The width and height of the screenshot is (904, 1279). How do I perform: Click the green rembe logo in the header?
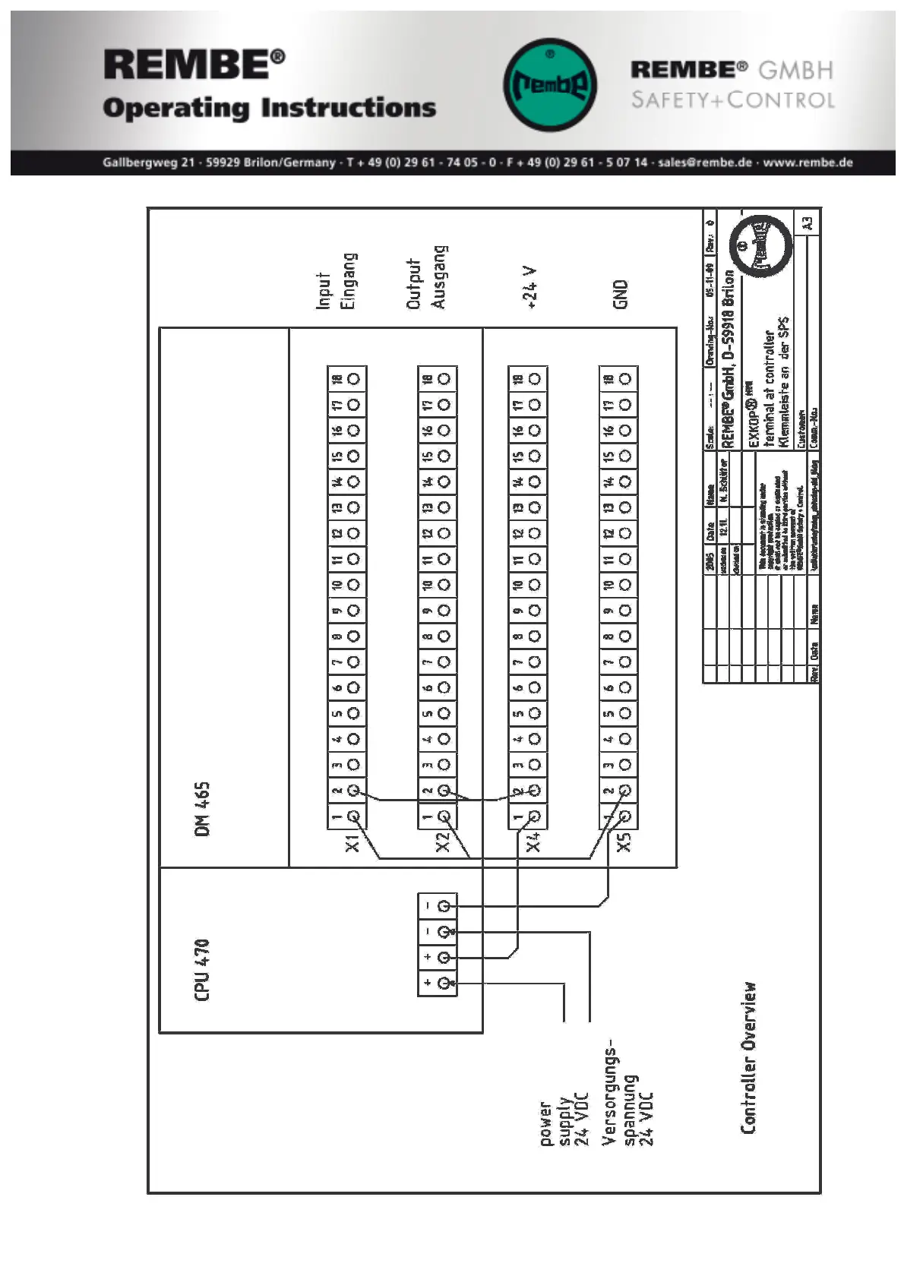(550, 84)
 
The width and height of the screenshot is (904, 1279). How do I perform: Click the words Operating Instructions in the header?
(270, 108)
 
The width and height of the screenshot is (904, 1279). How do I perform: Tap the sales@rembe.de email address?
(705, 163)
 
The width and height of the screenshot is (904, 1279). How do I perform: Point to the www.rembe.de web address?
(808, 163)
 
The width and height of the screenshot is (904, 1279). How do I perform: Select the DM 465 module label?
(202, 809)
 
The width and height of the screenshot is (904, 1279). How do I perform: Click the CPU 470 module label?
(202, 970)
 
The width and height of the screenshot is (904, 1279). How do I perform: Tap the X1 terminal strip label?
(352, 843)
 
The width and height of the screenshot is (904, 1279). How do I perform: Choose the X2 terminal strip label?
(443, 843)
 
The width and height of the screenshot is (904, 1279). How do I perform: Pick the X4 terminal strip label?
(533, 843)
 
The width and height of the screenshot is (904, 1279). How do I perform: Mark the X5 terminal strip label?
(624, 843)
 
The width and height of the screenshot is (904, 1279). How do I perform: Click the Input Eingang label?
(336, 281)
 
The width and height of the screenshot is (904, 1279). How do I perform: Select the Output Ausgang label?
(426, 278)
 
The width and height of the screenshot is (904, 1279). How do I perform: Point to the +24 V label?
(529, 288)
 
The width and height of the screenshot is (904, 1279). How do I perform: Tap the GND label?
(621, 294)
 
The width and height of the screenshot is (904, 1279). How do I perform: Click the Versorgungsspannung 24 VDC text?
(627, 1097)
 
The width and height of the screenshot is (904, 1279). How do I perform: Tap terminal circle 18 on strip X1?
(354, 379)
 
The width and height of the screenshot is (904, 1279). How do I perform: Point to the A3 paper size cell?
(808, 223)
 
